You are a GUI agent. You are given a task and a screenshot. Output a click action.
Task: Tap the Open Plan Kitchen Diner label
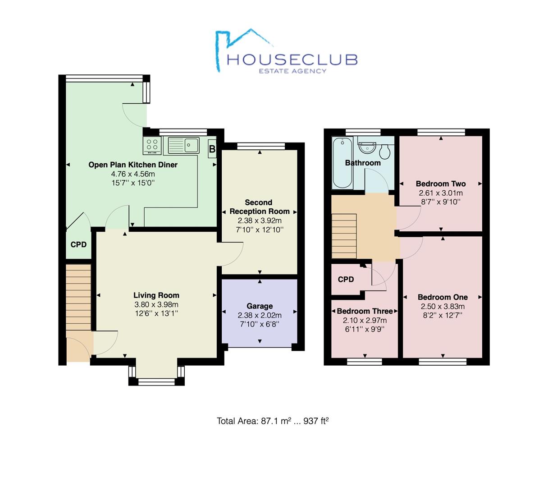[133, 165]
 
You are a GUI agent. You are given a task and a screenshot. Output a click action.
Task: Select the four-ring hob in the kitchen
[152, 145]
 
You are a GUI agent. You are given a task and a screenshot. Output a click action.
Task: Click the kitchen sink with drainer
[184, 145]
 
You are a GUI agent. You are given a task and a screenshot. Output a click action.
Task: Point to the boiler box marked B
[212, 149]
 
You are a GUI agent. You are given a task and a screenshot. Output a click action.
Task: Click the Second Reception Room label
[258, 207]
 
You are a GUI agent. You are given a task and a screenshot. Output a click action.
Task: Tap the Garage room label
[260, 306]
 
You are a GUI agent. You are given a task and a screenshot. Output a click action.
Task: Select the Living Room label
[156, 295]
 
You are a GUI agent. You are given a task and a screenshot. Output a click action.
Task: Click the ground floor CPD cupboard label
[78, 244]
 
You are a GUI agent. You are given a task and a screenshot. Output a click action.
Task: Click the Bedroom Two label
[441, 184]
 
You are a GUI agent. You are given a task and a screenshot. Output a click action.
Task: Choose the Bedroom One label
[443, 297]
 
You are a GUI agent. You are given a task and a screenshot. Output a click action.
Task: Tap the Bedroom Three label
[365, 311]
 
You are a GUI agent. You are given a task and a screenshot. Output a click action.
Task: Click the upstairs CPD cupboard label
[346, 279]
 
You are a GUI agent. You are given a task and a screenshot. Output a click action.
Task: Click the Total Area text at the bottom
[273, 421]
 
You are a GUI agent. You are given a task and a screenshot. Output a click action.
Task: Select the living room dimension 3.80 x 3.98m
[156, 304]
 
